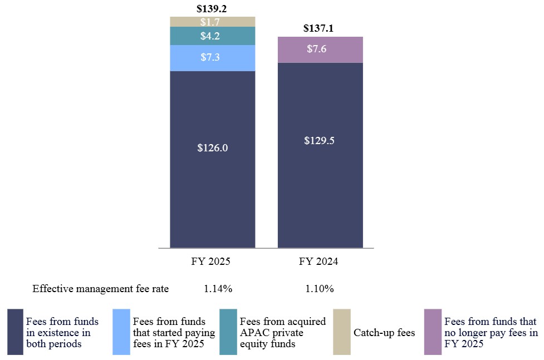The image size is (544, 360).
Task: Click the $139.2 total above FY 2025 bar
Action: click(212, 9)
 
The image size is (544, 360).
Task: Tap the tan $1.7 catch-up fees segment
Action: click(212, 22)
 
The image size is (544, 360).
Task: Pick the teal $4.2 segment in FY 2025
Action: click(212, 36)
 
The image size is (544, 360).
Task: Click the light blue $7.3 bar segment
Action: click(212, 58)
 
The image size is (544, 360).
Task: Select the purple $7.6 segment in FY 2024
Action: click(320, 50)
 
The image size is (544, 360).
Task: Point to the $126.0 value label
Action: click(212, 148)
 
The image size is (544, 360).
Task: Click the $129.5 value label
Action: click(320, 141)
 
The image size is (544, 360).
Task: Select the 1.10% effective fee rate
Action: click(320, 289)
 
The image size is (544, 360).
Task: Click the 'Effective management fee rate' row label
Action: click(100, 289)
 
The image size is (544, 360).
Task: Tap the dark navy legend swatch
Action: click(15, 332)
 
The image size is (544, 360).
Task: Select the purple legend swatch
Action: click(433, 332)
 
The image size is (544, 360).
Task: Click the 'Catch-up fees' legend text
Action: click(384, 333)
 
